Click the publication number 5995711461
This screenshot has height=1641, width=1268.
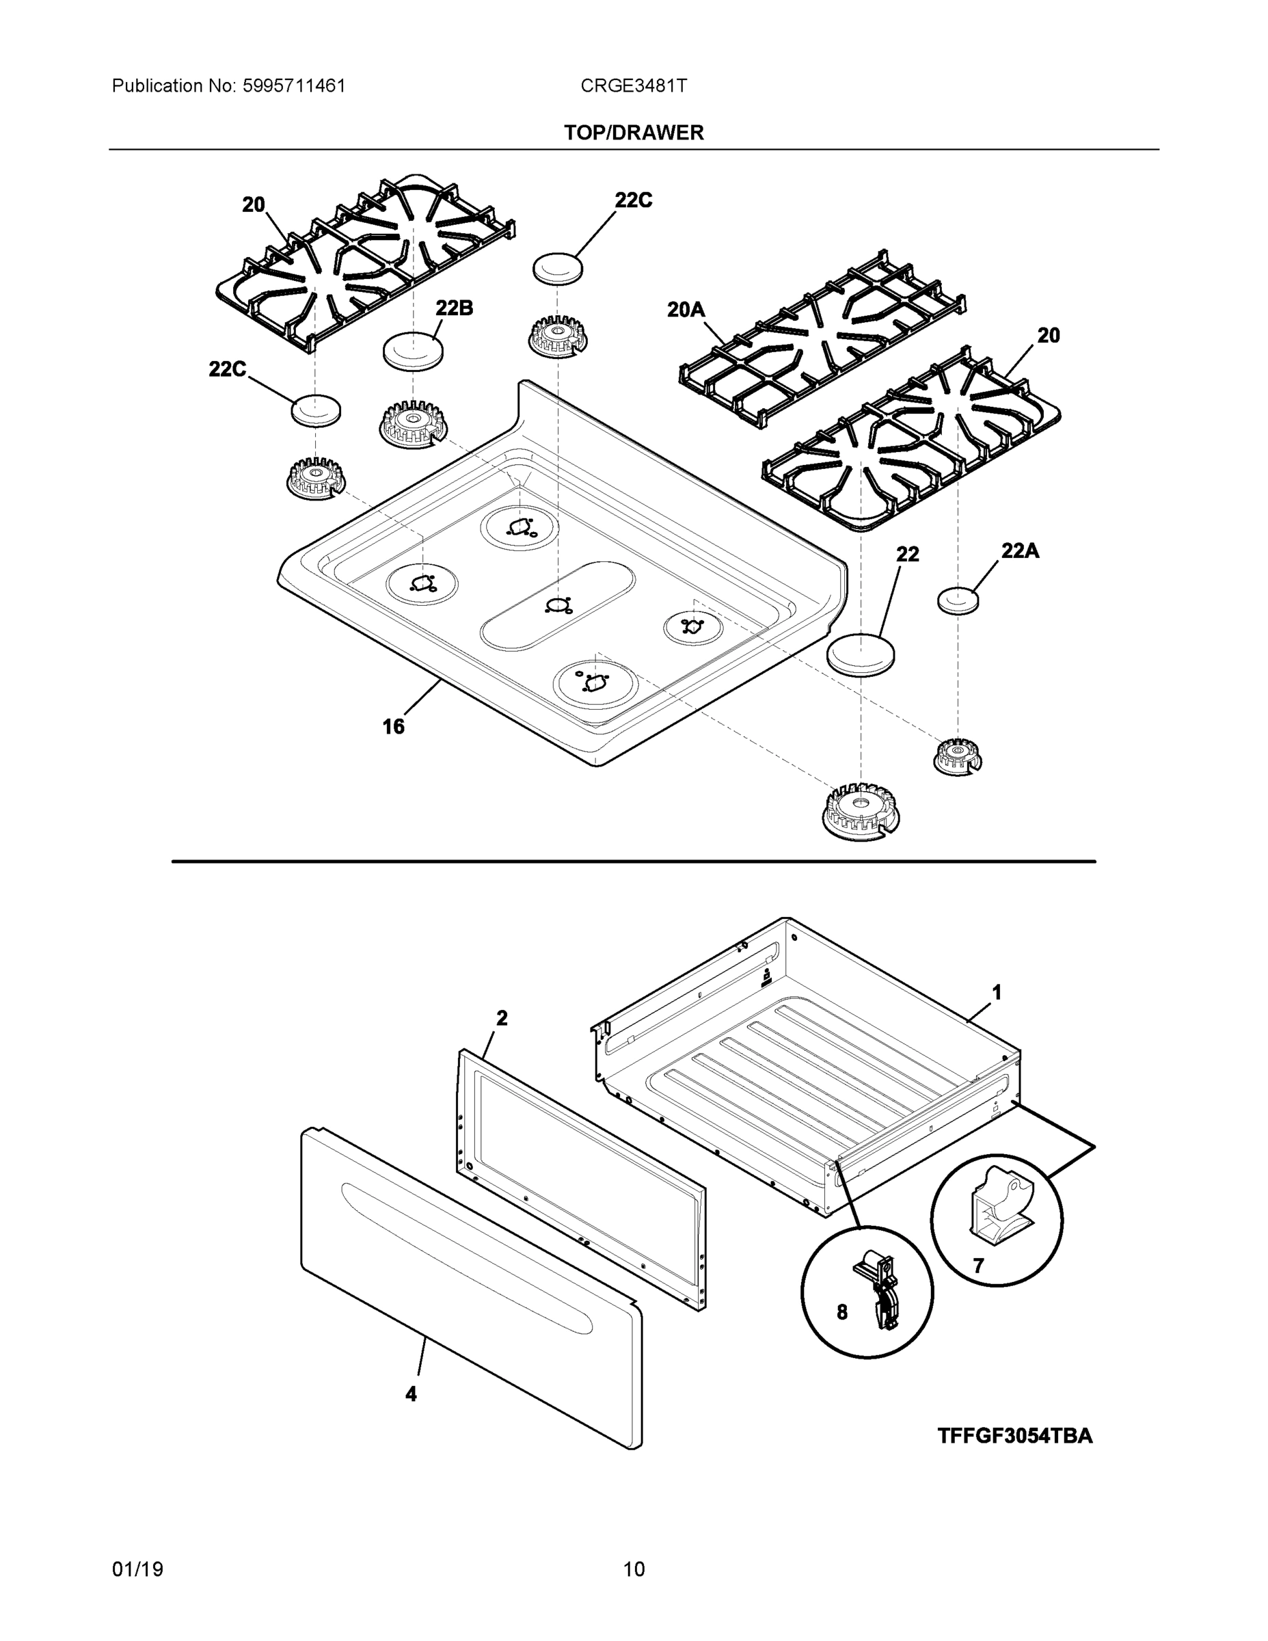point(294,86)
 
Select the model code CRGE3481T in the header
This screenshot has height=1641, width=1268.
point(633,86)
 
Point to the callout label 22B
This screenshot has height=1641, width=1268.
point(454,308)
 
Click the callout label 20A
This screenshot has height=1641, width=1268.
point(686,309)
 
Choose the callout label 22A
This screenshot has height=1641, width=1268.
point(1019,550)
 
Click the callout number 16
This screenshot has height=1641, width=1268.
point(393,727)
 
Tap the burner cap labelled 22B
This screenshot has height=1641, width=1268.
point(412,351)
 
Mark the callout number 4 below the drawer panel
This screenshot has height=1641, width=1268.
point(410,1393)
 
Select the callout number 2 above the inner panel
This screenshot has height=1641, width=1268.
point(502,1018)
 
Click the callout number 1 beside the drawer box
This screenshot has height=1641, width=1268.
point(996,993)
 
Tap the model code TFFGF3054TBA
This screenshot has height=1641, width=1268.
point(1015,1436)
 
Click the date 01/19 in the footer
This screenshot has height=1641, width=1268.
point(137,1569)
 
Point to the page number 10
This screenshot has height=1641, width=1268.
point(633,1569)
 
